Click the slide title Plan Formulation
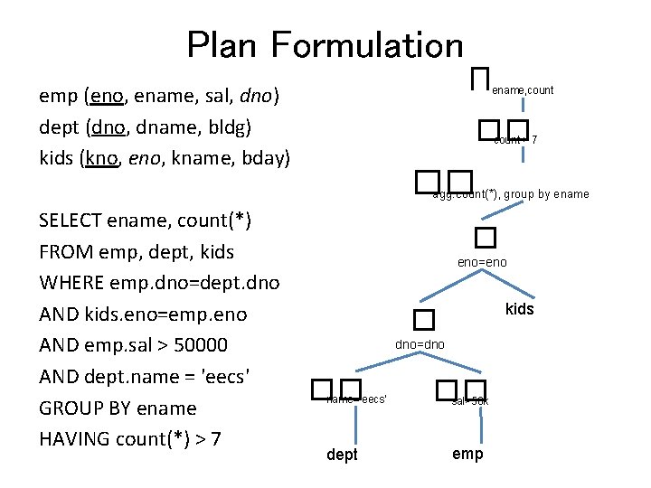(x=325, y=45)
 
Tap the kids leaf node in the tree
(x=520, y=309)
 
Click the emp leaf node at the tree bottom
(x=467, y=454)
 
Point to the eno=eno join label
(x=482, y=262)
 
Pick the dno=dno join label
(x=420, y=344)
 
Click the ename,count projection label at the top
(x=523, y=90)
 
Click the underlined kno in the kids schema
(x=100, y=159)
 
